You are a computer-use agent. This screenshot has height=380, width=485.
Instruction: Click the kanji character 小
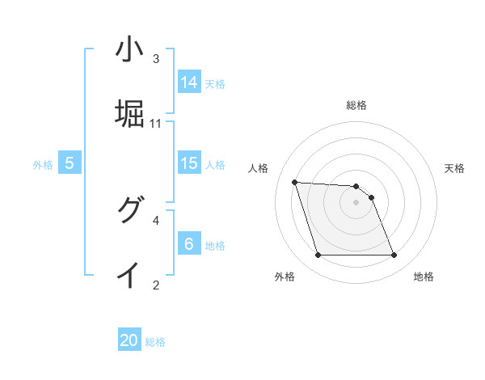tap(129, 50)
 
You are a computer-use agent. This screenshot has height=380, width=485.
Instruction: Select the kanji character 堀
tap(129, 114)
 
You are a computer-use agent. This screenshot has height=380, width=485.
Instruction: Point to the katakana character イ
tap(129, 275)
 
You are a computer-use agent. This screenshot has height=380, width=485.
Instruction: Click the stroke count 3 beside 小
tap(156, 59)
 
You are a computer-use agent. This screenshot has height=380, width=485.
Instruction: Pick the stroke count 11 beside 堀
tap(156, 124)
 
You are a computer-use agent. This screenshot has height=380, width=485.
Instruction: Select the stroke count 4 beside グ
tap(156, 219)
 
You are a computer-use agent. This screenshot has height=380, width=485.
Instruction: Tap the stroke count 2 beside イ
tap(156, 284)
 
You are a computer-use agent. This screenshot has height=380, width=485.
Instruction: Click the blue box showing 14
tap(189, 82)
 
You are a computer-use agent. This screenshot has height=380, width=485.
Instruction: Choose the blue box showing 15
tap(189, 163)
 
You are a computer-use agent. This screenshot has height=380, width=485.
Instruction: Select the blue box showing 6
tap(189, 244)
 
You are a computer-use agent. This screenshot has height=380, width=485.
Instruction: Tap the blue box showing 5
tap(70, 163)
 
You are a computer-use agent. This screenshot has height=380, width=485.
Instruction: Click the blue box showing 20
tap(129, 341)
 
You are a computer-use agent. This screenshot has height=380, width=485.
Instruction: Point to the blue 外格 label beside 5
tap(43, 165)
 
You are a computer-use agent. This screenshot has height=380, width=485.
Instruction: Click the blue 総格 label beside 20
tap(155, 343)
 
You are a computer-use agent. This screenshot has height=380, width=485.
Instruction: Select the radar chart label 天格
tap(455, 168)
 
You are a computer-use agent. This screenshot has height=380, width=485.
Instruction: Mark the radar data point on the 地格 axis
tap(394, 255)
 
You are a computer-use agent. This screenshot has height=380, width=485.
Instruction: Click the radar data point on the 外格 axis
tap(318, 255)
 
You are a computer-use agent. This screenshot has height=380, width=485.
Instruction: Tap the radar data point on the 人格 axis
tap(294, 182)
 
